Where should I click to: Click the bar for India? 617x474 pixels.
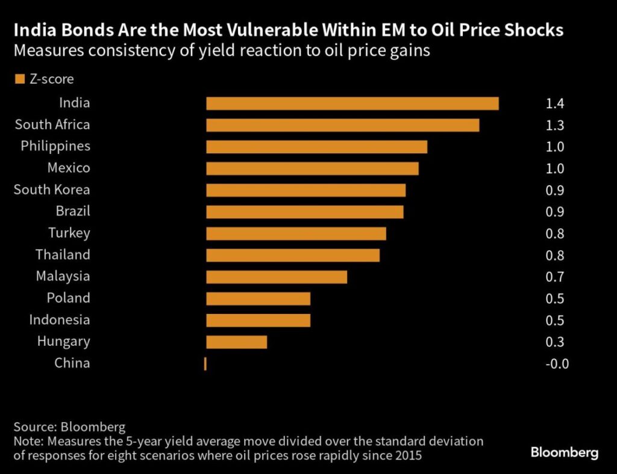tap(352, 103)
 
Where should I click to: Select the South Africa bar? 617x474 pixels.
tap(342, 125)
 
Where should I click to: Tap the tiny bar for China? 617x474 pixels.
tap(205, 363)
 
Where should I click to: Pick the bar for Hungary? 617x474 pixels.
tap(236, 342)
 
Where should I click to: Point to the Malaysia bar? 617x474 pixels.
tap(277, 277)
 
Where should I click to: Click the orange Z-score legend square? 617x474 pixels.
tap(19, 79)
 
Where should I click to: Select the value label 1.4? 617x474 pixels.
tap(554, 103)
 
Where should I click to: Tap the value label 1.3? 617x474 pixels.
tap(554, 125)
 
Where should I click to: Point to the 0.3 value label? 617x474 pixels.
tap(554, 342)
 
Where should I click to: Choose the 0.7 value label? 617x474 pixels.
tap(554, 277)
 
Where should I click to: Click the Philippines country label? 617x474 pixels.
tap(55, 146)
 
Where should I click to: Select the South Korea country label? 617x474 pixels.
tap(52, 189)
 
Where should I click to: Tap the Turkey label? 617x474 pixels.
tap(69, 233)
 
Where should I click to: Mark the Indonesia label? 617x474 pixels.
tap(60, 319)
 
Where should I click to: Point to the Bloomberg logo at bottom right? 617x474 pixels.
tap(564, 452)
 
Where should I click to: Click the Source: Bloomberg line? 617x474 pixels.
tap(69, 427)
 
